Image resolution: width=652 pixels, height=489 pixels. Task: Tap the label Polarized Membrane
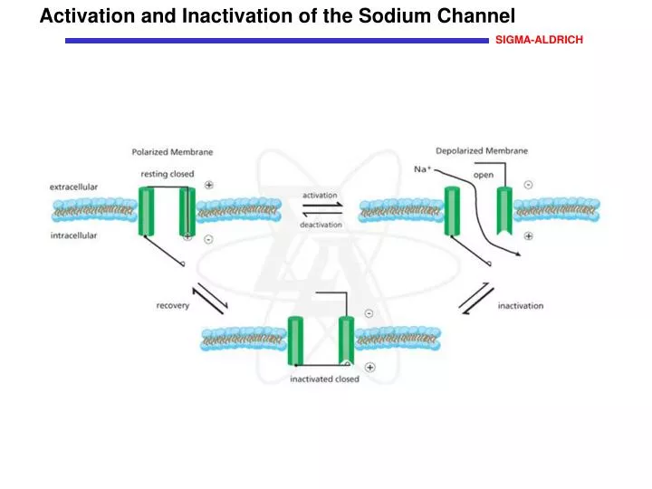pyautogui.click(x=172, y=152)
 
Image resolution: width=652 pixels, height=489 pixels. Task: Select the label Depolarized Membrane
pyautogui.click(x=482, y=150)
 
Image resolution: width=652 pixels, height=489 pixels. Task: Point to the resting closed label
pyautogui.click(x=167, y=173)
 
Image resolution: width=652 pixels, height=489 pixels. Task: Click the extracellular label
pyautogui.click(x=73, y=187)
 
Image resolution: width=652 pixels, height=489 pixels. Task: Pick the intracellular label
pyautogui.click(x=73, y=235)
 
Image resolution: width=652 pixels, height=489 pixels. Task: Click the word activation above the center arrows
pyautogui.click(x=320, y=195)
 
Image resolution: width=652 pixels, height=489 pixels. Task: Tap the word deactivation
pyautogui.click(x=321, y=225)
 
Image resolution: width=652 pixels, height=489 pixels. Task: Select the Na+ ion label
pyautogui.click(x=422, y=169)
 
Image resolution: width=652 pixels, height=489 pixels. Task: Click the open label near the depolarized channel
pyautogui.click(x=484, y=175)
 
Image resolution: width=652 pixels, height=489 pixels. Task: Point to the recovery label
pyautogui.click(x=173, y=305)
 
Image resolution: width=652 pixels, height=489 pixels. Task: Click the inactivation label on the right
pyautogui.click(x=521, y=305)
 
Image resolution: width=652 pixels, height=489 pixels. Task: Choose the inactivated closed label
pyautogui.click(x=324, y=379)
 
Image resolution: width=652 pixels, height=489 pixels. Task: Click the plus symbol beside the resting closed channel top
pyautogui.click(x=209, y=184)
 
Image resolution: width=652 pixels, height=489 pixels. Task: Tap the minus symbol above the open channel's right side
pyautogui.click(x=528, y=185)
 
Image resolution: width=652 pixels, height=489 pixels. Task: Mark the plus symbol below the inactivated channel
pyautogui.click(x=369, y=367)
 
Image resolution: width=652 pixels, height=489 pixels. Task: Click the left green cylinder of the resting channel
pyautogui.click(x=147, y=212)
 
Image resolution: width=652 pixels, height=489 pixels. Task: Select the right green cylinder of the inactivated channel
pyautogui.click(x=346, y=340)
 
